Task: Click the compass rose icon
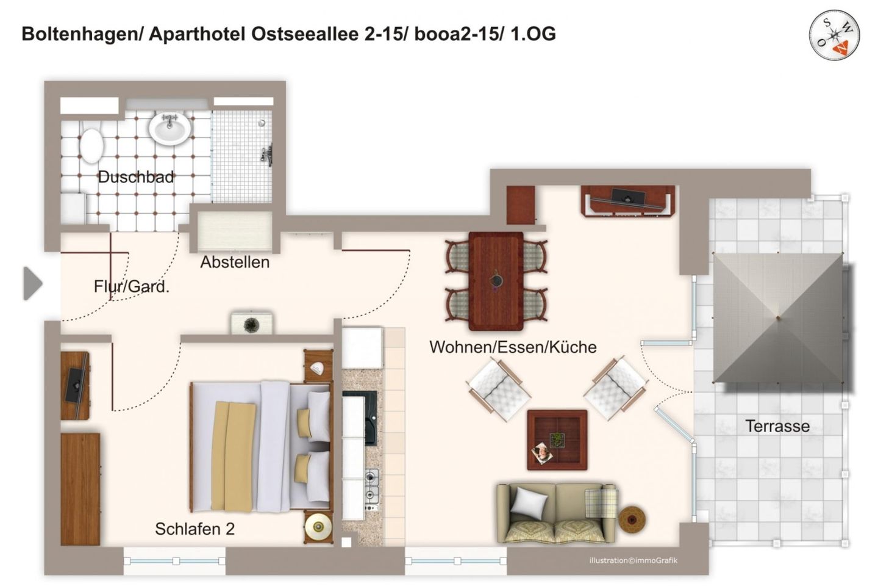coord(835,35)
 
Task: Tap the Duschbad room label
coord(136,177)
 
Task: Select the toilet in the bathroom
coord(91,143)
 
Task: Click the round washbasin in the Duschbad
coord(171,129)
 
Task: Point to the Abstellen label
coord(235,262)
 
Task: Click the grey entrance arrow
coord(32,283)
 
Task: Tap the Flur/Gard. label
coord(132,286)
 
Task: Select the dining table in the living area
coord(496,280)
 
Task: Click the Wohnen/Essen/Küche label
coord(513,347)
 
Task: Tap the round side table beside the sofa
coord(632,519)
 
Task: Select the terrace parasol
coord(778,317)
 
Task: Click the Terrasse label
coord(777,426)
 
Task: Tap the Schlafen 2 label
coord(195,529)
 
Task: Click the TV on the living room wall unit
coord(628,197)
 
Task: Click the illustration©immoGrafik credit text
coord(633,560)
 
